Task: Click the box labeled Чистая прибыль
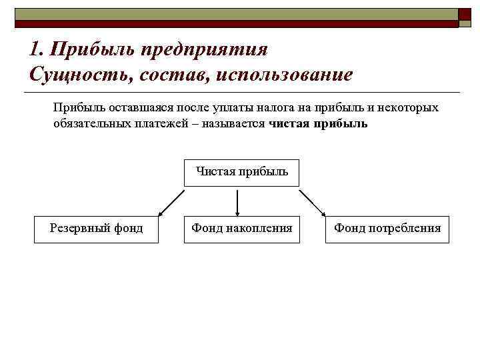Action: click(x=241, y=172)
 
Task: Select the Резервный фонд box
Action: click(x=97, y=229)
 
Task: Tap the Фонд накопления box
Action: click(x=242, y=229)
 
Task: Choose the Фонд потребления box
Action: click(x=387, y=229)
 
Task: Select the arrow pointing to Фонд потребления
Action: click(x=312, y=203)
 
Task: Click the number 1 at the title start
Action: click(x=35, y=49)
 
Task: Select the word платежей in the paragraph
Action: click(x=154, y=124)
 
